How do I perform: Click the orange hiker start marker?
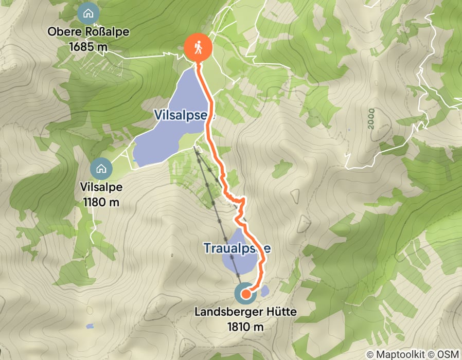coord(198,48)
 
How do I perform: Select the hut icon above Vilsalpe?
coord(100,168)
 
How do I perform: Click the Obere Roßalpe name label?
coord(88,32)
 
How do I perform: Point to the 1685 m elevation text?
coord(88,46)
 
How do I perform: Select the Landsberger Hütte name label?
coord(246,312)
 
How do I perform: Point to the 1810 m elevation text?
coord(246,326)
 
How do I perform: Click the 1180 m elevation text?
coord(101,201)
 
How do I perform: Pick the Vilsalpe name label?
coord(101,187)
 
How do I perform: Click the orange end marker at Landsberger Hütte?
coord(246,294)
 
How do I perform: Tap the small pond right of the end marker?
coord(264,292)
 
